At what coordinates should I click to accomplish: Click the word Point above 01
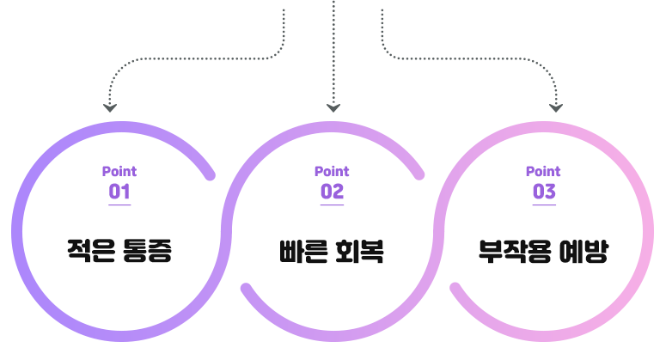point(119,171)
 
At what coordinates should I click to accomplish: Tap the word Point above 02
point(332,171)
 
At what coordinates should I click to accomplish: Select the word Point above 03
point(543,171)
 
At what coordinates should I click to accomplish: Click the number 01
point(119,192)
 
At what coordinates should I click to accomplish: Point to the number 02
point(332,192)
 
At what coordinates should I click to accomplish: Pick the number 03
point(543,192)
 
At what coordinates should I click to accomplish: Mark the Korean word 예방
point(583,252)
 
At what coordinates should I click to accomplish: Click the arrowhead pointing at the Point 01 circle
point(109,108)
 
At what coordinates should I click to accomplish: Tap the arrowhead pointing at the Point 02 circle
point(333,108)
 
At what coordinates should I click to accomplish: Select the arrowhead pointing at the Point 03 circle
point(556,108)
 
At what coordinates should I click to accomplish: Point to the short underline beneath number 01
point(119,205)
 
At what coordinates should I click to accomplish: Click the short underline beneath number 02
point(332,205)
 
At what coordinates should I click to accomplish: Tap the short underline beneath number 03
point(543,205)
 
